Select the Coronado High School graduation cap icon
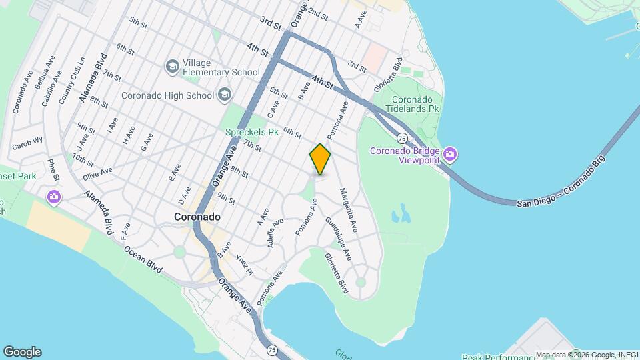coord(223,95)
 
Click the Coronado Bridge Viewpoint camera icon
coord(451,155)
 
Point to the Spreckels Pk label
coord(251,132)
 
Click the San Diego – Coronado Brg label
coord(561,181)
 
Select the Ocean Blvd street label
coord(143,258)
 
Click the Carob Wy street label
coord(27,143)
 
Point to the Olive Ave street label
coord(98,175)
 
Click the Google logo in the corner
coord(22,351)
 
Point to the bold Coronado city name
coord(197,217)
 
